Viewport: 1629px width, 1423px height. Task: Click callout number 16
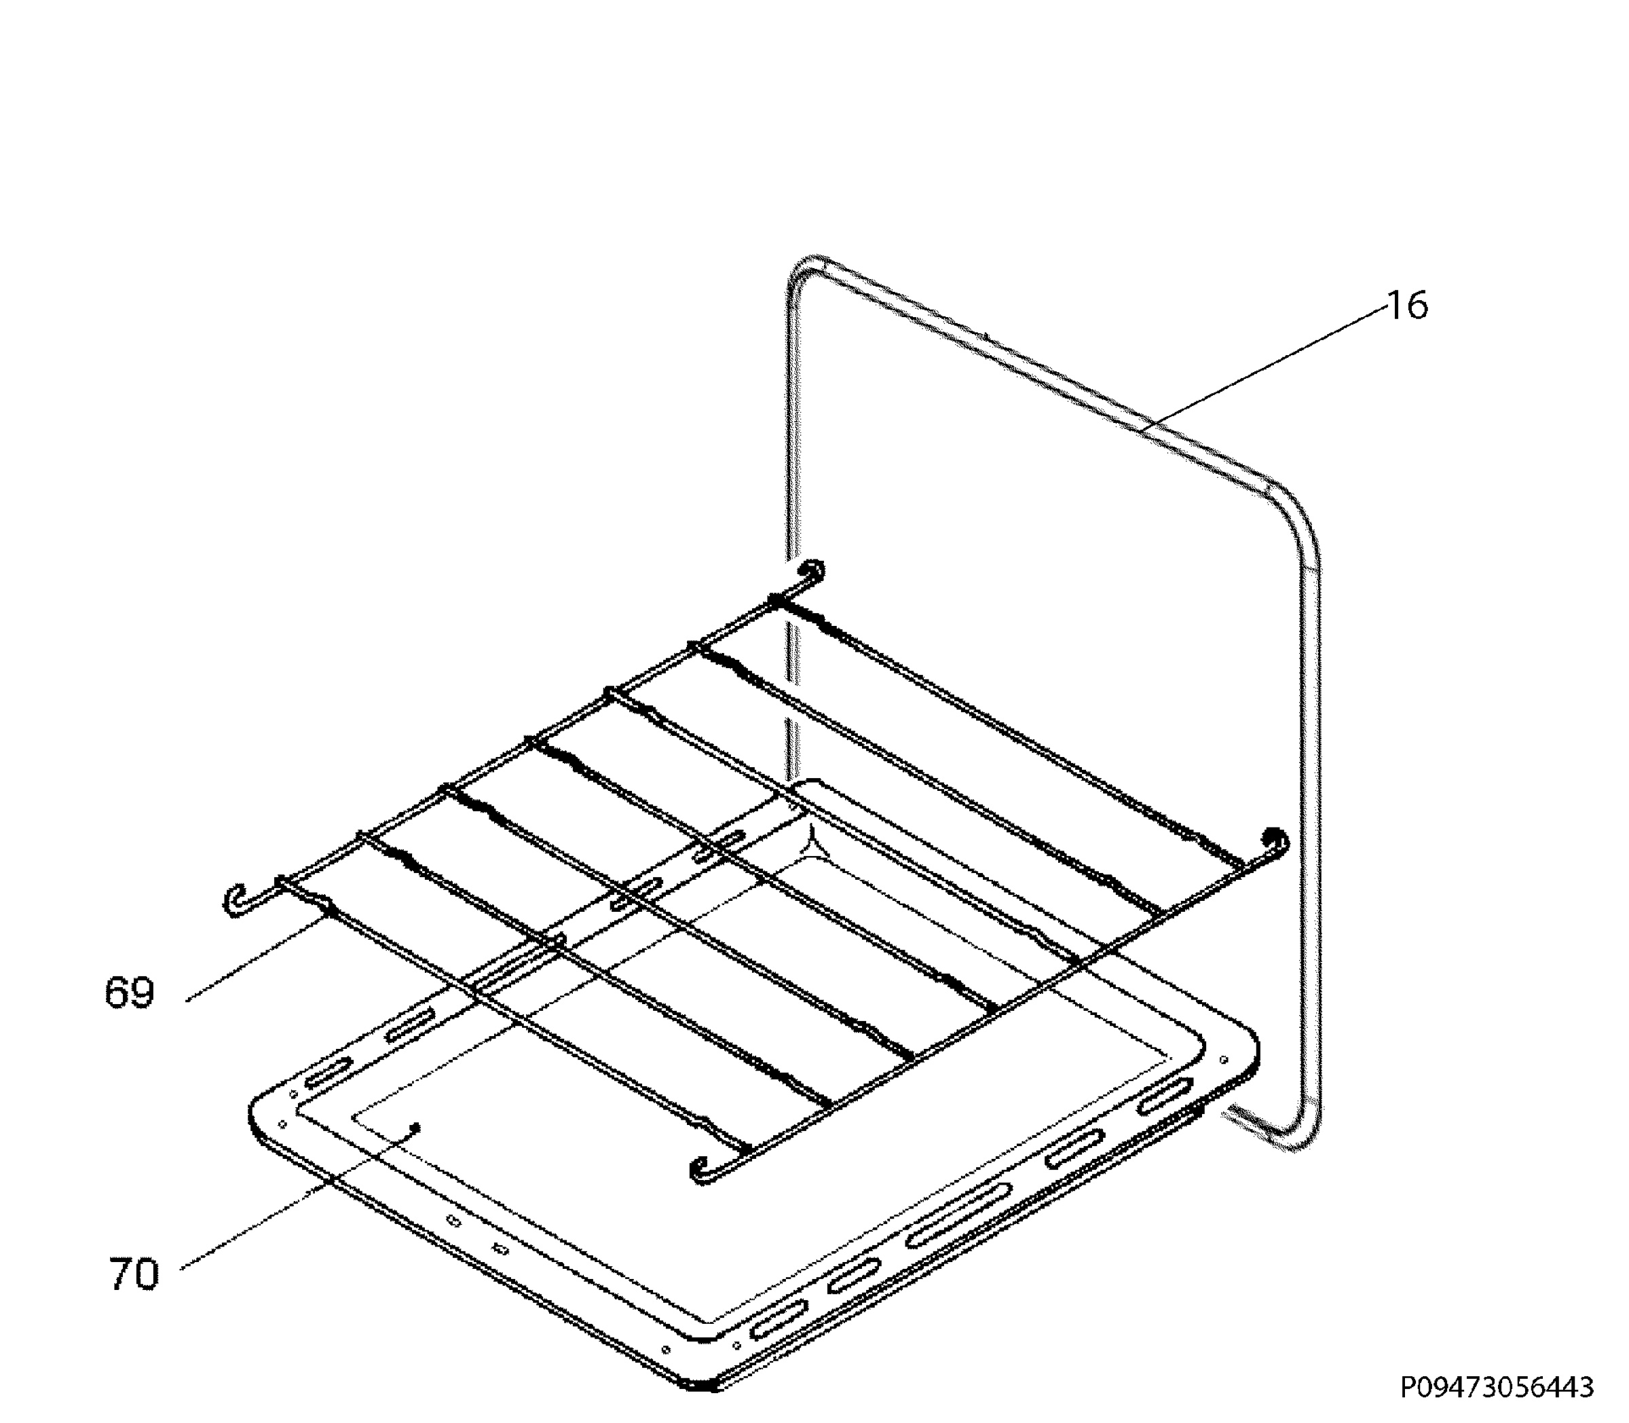tap(1407, 305)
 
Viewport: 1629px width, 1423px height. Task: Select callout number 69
tap(130, 993)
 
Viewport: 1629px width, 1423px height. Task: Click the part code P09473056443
tap(1497, 1387)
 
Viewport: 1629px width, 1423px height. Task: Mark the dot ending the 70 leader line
tap(415, 1127)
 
